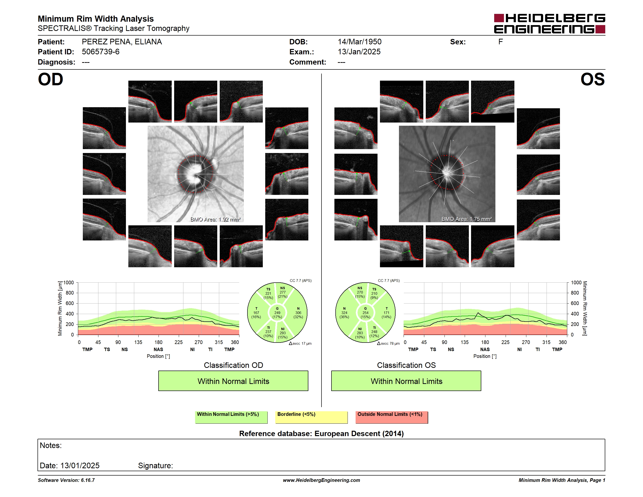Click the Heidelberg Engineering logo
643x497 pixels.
click(x=549, y=24)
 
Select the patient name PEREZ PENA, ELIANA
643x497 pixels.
click(x=122, y=42)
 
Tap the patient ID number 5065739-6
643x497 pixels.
click(x=101, y=52)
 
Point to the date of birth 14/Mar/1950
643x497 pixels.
click(x=359, y=42)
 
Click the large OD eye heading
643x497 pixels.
click(x=50, y=79)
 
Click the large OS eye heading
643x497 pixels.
click(x=592, y=79)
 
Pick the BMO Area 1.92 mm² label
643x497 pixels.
click(x=216, y=219)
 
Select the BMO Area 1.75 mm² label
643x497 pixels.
click(x=467, y=219)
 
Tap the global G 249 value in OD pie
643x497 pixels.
click(x=277, y=313)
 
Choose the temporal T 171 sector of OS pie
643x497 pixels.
click(x=387, y=313)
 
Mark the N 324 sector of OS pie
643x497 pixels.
click(x=344, y=313)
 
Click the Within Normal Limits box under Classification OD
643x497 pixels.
click(x=233, y=381)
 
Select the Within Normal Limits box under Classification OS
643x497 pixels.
click(x=406, y=381)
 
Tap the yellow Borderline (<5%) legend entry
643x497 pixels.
click(x=312, y=417)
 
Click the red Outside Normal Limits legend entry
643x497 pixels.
click(x=392, y=417)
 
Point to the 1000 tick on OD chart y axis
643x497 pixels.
click(x=69, y=283)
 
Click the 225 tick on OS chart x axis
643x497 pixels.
click(x=505, y=342)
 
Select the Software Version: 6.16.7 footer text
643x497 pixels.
click(x=66, y=480)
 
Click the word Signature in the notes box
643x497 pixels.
click(x=155, y=466)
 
